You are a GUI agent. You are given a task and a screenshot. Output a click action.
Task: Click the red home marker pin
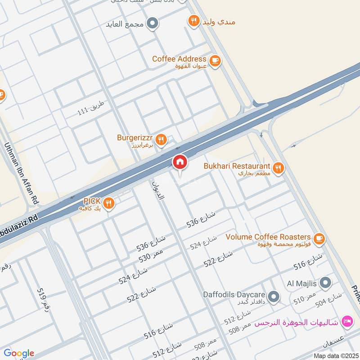pos(180,162)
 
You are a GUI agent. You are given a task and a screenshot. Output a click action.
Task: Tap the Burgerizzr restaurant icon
pos(162,139)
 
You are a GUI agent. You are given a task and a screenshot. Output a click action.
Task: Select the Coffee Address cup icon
pos(215,60)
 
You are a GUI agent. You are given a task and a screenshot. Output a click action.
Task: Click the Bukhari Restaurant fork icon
pos(279,168)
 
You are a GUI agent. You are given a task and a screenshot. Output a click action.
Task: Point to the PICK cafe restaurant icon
pos(108,204)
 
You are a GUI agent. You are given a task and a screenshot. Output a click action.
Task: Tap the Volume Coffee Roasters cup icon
pos(319,238)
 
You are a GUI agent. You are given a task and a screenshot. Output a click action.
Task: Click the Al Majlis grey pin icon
pos(327,283)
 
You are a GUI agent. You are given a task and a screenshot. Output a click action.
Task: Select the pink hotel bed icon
pos(347,321)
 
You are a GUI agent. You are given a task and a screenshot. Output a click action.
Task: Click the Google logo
pos(19,353)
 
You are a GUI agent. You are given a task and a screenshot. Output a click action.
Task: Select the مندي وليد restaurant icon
pos(194,21)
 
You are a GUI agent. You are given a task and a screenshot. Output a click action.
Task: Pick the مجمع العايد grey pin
pos(153,22)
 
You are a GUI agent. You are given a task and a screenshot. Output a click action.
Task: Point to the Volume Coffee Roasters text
pos(268,237)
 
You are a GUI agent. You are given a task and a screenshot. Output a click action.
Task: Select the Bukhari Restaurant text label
pos(237,166)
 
